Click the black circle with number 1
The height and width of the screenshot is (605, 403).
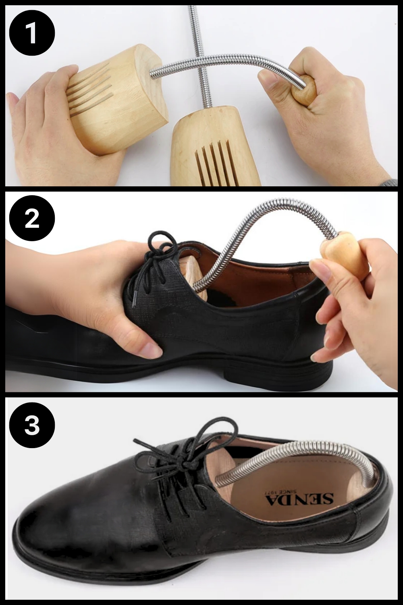pos(32,34)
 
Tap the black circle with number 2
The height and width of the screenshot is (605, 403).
pos(32,218)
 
